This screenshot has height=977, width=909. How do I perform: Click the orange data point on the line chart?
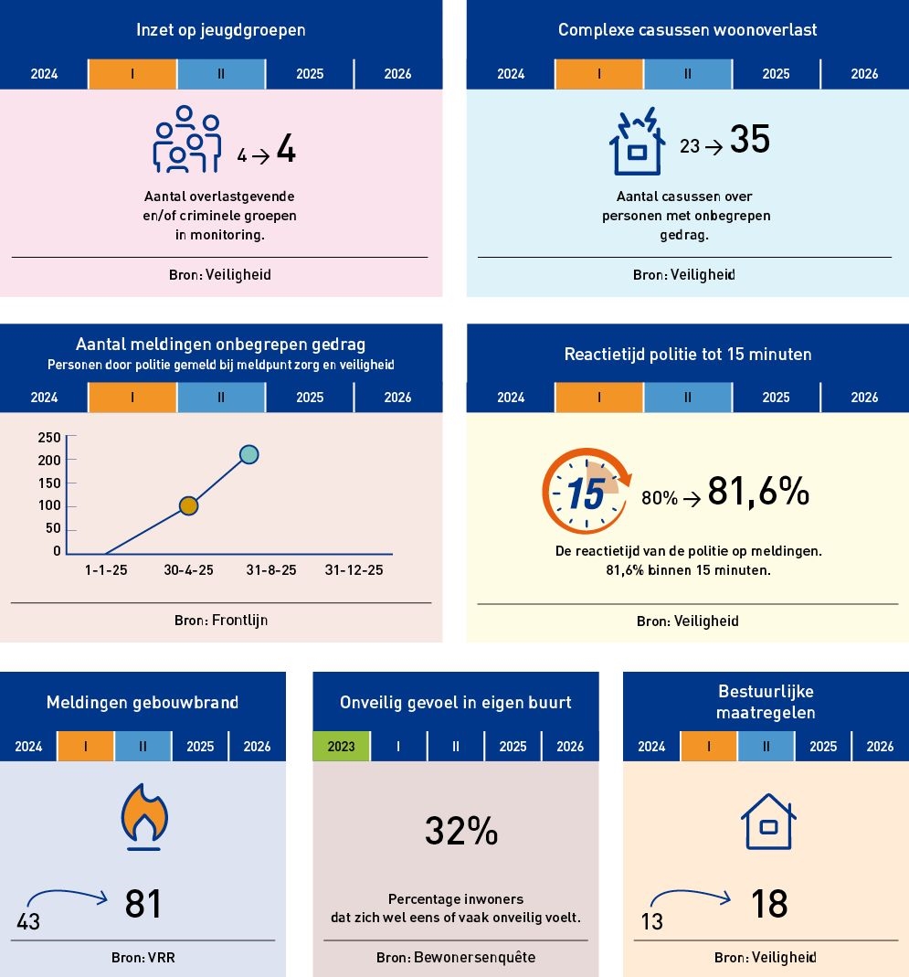(x=189, y=505)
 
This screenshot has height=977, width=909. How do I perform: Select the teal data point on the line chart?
(x=248, y=454)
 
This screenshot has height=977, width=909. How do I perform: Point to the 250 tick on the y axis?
(x=49, y=437)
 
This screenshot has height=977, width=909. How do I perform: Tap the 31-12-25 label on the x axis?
(x=354, y=569)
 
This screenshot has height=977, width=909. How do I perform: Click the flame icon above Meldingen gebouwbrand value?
(x=143, y=814)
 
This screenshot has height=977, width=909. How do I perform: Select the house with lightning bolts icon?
(x=638, y=142)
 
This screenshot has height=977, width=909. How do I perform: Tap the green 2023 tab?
(x=341, y=746)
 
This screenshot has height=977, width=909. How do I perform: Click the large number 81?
(x=143, y=903)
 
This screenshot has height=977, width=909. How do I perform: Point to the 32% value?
(x=461, y=831)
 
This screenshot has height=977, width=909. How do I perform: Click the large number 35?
(x=750, y=142)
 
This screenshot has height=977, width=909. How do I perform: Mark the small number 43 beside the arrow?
(x=28, y=922)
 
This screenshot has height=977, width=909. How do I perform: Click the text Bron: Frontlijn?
(x=221, y=621)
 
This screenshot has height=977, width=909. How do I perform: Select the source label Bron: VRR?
(x=143, y=958)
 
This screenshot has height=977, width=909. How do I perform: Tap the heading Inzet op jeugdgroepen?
(x=220, y=30)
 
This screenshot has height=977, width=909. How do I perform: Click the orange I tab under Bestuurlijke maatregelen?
(x=709, y=746)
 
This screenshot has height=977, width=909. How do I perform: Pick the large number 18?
(x=769, y=904)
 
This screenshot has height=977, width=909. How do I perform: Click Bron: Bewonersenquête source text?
(x=456, y=958)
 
